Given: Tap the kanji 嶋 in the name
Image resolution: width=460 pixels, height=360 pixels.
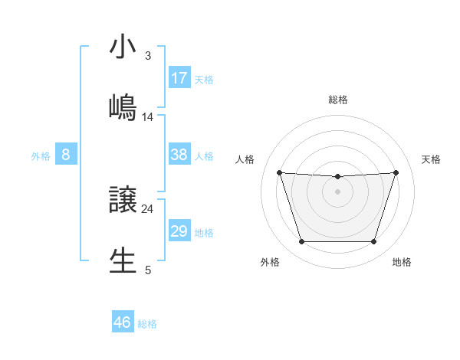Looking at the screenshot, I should pos(123,107).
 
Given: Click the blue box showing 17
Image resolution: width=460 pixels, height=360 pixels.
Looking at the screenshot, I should pos(179,77).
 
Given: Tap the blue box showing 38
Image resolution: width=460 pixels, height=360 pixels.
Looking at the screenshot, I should pos(179,155).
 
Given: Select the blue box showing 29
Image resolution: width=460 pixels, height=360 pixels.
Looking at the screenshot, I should pos(179,231).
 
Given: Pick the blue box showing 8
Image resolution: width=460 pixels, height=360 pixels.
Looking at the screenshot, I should pos(66,155).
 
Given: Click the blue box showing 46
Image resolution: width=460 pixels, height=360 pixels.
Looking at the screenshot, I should pos(123,322).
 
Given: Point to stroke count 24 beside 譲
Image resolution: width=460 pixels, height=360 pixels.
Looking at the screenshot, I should pos(147,208).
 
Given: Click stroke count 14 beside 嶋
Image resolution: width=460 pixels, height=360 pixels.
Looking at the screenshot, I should pos(148,116).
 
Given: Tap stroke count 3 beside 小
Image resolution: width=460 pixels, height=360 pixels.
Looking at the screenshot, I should pos(148,56).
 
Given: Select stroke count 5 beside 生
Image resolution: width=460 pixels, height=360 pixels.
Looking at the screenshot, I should pos(148,270).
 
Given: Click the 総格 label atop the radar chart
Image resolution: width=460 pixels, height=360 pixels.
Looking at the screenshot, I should pos(337,100).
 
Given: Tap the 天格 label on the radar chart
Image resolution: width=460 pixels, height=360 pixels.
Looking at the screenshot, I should pos(432,159).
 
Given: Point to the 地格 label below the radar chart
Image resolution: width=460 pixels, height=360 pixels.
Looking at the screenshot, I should pos(402,262).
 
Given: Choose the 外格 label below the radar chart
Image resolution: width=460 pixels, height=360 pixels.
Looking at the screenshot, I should pos(270,262).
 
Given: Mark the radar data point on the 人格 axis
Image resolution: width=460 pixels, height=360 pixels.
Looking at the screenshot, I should pos(279,172).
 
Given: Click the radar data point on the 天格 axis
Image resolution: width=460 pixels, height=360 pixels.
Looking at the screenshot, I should pos(396,172).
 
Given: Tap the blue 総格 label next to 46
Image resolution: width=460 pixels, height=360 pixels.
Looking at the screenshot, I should pos(147,324).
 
